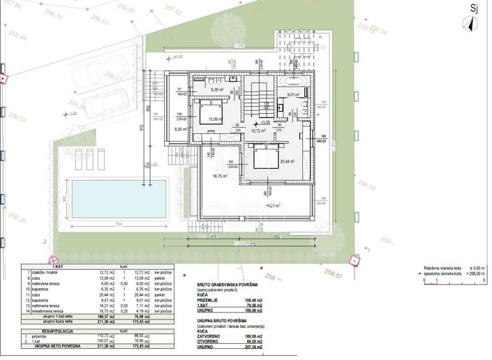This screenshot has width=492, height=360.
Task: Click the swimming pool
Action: pos(119,197)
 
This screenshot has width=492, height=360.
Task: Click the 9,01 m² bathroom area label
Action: pos(292,94)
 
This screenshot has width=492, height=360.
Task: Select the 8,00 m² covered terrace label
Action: pos(181,129)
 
